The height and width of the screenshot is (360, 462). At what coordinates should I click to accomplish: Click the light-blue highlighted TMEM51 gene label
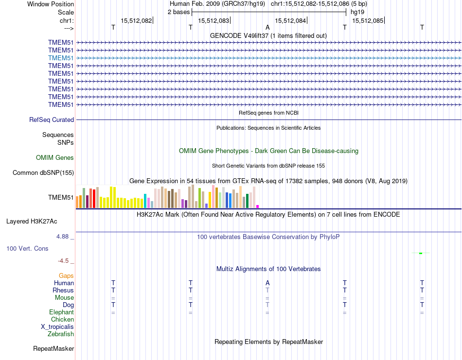point(61,58)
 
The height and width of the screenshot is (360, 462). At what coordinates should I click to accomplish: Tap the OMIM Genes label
point(55,157)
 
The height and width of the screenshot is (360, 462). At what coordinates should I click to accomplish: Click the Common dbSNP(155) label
point(43,172)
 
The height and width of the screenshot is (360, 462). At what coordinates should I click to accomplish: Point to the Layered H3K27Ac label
point(32,221)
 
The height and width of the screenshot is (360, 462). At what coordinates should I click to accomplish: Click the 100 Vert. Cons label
point(27,248)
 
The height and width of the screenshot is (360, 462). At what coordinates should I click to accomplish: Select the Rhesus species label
point(63,290)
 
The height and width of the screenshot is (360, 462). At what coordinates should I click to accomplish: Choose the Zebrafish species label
point(61,334)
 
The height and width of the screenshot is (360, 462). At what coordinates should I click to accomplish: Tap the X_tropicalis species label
point(57,326)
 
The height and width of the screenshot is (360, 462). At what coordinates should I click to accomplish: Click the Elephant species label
point(61,312)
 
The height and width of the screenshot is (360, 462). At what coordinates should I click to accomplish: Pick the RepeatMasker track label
point(53,348)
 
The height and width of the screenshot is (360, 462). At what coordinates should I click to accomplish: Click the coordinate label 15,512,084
point(290,20)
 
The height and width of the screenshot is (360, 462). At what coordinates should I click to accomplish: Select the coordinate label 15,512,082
point(136,20)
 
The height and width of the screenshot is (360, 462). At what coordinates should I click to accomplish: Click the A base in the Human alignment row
point(267,283)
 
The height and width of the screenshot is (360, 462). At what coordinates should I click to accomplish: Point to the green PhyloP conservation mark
point(421,253)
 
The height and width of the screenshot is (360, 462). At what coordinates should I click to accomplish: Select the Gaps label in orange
point(66,275)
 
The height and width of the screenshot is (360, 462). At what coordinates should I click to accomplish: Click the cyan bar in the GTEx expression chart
point(145,201)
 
